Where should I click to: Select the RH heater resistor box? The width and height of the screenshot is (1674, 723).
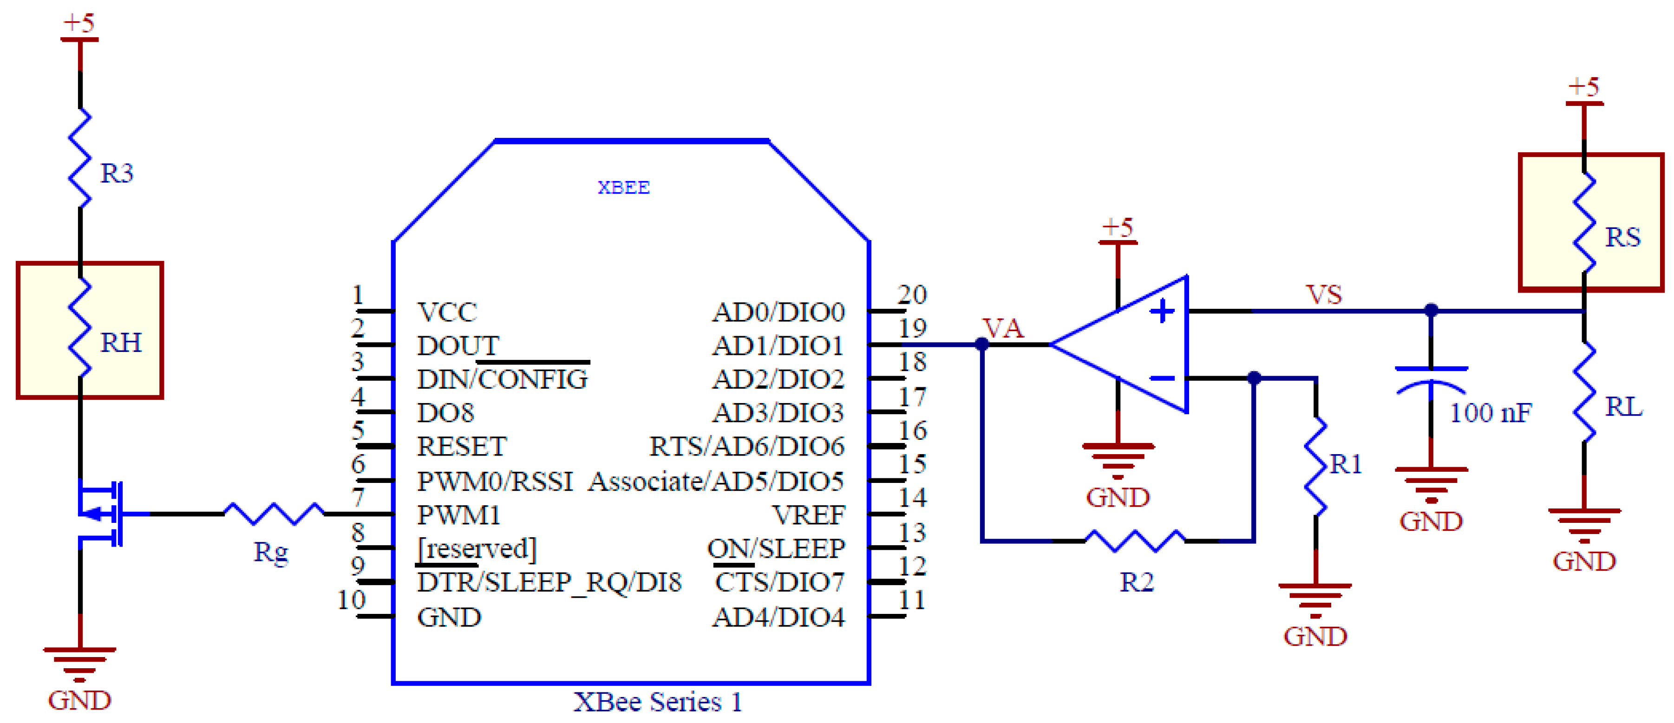tap(89, 330)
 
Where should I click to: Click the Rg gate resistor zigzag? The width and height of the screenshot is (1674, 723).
tap(274, 513)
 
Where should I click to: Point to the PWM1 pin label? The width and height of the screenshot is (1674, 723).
tap(458, 515)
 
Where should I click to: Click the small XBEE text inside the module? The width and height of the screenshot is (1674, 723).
tap(623, 188)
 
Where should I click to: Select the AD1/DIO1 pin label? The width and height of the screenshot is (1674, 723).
tap(778, 345)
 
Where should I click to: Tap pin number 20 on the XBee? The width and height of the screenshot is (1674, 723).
tap(912, 294)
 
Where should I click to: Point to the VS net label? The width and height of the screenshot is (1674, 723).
tap(1324, 295)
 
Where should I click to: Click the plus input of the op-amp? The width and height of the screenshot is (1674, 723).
tap(1162, 311)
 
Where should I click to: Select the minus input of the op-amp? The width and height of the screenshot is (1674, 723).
tap(1162, 378)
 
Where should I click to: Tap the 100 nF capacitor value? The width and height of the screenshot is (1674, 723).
tap(1491, 412)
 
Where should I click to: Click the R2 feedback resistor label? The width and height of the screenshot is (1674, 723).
tap(1137, 582)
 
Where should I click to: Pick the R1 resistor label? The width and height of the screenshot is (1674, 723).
tap(1346, 464)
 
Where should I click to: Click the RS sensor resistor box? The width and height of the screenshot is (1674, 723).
tap(1590, 222)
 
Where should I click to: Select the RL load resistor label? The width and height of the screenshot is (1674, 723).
tap(1623, 407)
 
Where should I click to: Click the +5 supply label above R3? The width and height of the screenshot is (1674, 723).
tap(78, 23)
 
